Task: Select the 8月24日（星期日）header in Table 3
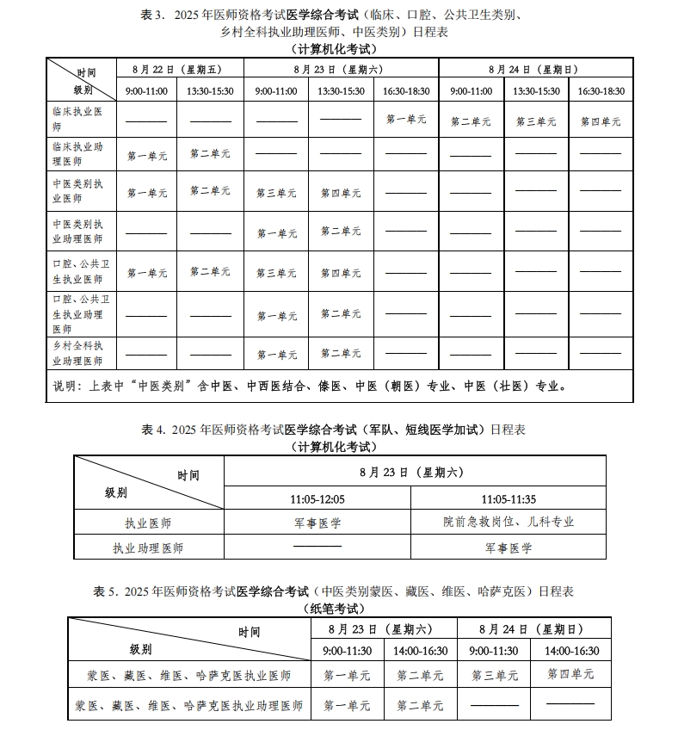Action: (x=536, y=68)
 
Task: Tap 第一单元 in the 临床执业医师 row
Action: (x=406, y=119)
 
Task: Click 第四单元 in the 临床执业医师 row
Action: (x=600, y=121)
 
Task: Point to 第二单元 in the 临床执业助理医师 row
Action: (x=210, y=153)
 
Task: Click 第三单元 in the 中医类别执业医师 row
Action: (x=276, y=193)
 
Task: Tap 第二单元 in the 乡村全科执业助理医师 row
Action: (x=341, y=353)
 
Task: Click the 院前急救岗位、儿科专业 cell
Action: (x=508, y=522)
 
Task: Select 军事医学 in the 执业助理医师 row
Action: (x=508, y=547)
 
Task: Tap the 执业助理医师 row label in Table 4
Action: (x=148, y=547)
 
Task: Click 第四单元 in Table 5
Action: (x=570, y=674)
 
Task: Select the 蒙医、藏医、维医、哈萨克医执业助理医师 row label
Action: (x=188, y=706)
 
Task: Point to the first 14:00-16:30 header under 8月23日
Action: (x=420, y=652)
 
